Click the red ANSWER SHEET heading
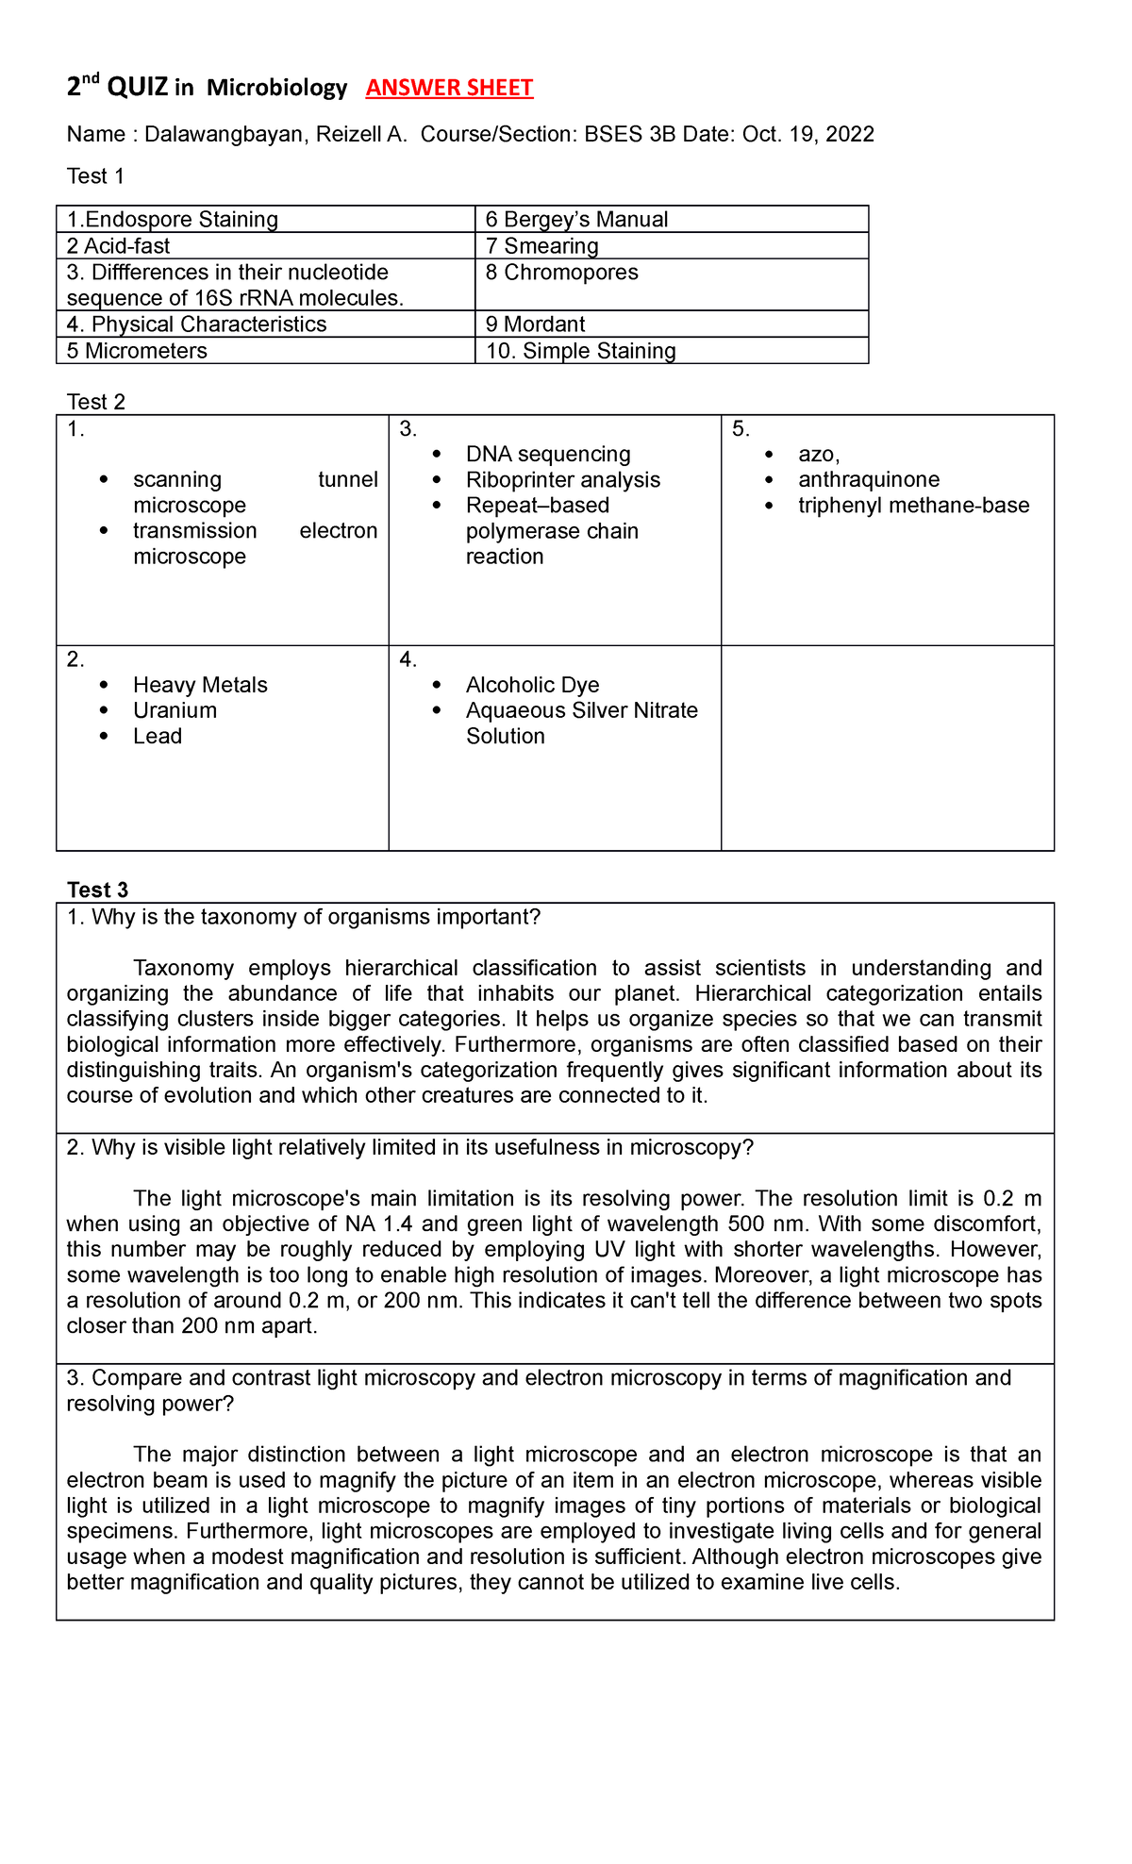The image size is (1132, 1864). pyautogui.click(x=449, y=88)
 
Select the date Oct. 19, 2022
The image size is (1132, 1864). pyautogui.click(x=808, y=134)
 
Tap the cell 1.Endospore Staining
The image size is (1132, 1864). pyautogui.click(x=173, y=220)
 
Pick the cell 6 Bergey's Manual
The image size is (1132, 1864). pyautogui.click(x=576, y=220)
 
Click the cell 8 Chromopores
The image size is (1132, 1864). pyautogui.click(x=561, y=273)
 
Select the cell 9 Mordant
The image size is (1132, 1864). pyautogui.click(x=535, y=325)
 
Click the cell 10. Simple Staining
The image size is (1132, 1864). pyautogui.click(x=580, y=351)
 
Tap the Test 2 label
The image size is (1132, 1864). pyautogui.click(x=95, y=402)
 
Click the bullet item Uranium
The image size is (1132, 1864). pyautogui.click(x=175, y=710)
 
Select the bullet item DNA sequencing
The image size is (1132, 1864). pyautogui.click(x=548, y=454)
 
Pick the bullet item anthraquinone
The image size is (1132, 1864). pyautogui.click(x=869, y=479)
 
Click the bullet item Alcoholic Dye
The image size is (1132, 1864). pyautogui.click(x=532, y=685)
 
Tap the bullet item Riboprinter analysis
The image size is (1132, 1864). pyautogui.click(x=563, y=479)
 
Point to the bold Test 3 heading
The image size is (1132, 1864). pyautogui.click(x=97, y=890)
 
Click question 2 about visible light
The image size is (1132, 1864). pyautogui.click(x=410, y=1147)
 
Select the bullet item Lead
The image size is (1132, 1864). pyautogui.click(x=158, y=736)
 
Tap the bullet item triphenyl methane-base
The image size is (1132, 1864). pyautogui.click(x=913, y=505)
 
